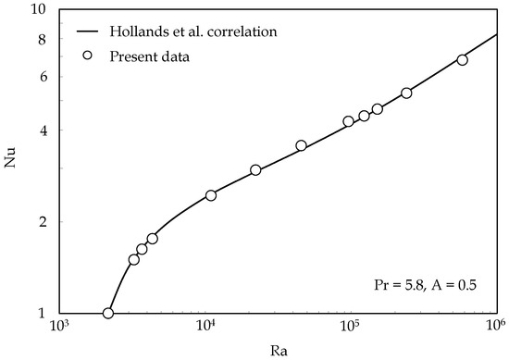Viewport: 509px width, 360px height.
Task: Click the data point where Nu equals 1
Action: pyautogui.click(x=108, y=314)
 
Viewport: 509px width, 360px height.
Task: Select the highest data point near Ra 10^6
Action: pyautogui.click(x=463, y=60)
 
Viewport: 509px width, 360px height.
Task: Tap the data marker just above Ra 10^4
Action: pyautogui.click(x=211, y=195)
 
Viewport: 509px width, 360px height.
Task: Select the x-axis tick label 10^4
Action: pyautogui.click(x=205, y=326)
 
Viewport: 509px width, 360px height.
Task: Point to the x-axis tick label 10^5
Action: pyautogui.click(x=350, y=326)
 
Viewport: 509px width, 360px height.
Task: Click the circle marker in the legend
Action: pyautogui.click(x=88, y=56)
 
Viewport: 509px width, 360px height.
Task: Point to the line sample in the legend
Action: pyautogui.click(x=88, y=33)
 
